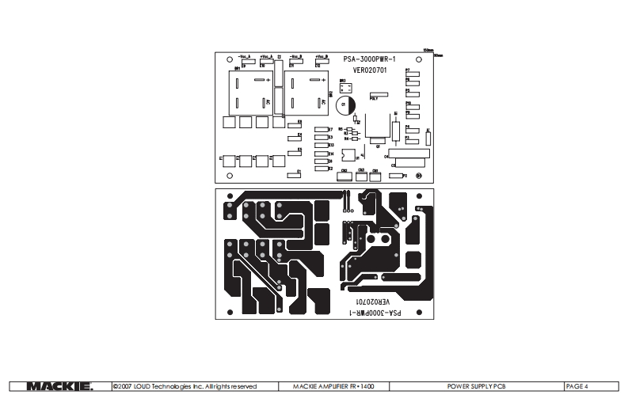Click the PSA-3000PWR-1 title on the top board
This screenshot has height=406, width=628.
368,59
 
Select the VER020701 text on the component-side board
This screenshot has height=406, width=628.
369,70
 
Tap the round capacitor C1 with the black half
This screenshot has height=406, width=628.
347,104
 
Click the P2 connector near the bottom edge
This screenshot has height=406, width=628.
396,175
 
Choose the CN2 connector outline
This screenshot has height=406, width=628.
345,176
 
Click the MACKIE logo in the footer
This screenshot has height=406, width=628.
60,386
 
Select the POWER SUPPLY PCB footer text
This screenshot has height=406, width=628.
476,386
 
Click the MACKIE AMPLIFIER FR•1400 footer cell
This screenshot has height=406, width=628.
333,386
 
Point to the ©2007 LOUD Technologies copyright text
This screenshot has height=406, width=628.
185,386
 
